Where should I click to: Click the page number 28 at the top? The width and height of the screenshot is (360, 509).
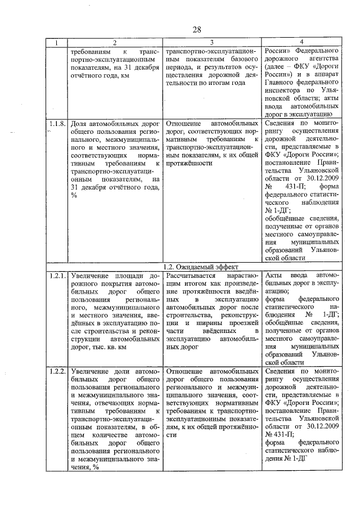pyautogui.click(x=197, y=29)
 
